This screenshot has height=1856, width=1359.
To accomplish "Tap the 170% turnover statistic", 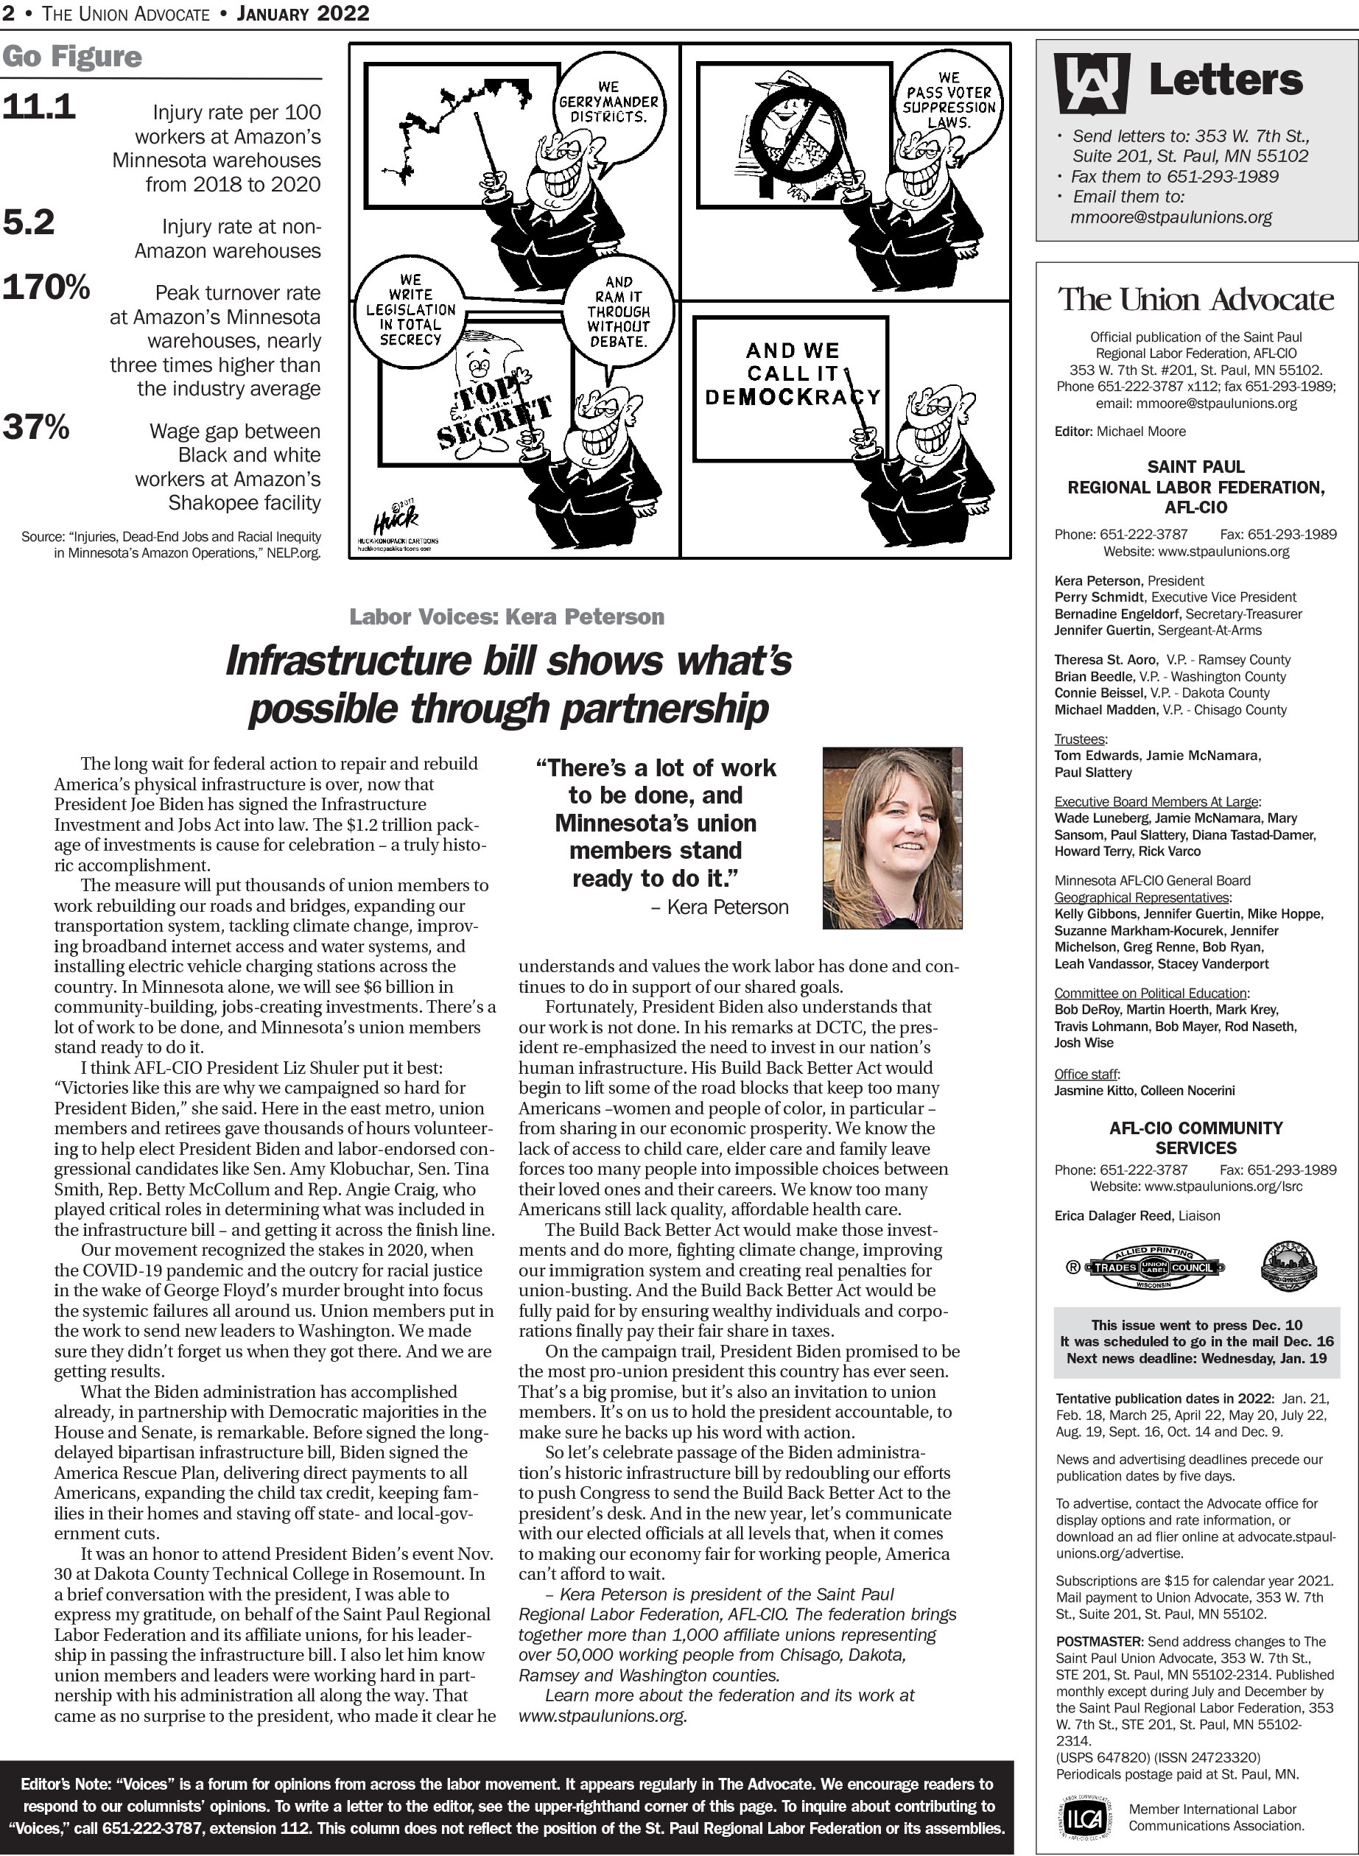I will tap(46, 288).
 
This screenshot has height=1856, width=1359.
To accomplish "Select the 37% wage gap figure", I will tap(36, 428).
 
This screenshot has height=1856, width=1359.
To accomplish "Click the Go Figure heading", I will tap(71, 57).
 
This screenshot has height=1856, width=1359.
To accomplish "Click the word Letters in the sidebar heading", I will tap(1225, 80).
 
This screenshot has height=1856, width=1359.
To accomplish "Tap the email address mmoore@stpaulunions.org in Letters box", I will tap(1170, 218).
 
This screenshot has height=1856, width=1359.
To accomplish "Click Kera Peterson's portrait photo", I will tap(892, 838).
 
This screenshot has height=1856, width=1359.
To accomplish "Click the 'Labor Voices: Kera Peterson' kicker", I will tap(507, 616).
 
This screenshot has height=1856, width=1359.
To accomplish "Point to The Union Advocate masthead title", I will tap(1195, 299).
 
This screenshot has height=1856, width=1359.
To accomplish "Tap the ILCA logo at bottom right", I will tap(1084, 1819).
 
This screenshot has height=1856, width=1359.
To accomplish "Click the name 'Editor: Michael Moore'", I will tap(1120, 431).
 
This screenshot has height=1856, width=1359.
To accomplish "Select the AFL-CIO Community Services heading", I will tap(1195, 1138).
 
